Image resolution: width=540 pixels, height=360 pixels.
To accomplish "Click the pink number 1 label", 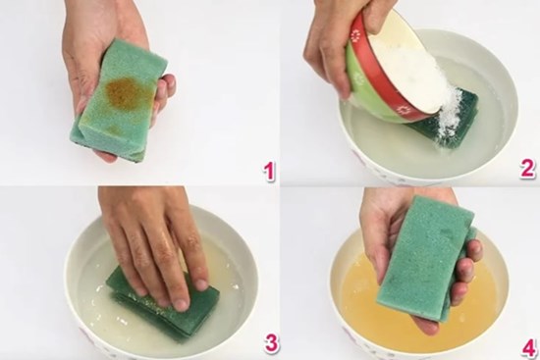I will [x=266, y=171].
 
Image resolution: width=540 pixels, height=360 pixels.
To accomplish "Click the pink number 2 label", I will [x=527, y=169].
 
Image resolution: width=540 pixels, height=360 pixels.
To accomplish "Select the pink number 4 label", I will [x=526, y=345].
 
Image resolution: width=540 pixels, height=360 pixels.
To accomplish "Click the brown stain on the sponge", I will [x=124, y=94].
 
